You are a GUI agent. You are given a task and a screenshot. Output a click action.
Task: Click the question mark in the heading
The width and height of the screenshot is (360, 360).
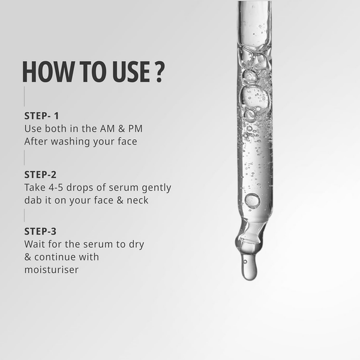[x=160, y=71]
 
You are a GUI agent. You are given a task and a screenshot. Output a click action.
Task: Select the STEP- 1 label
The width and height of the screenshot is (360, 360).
[x=41, y=116]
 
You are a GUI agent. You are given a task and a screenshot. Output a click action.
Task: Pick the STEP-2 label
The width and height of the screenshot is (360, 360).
[x=40, y=175]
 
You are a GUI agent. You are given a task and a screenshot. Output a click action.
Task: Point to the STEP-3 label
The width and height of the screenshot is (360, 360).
[x=40, y=231]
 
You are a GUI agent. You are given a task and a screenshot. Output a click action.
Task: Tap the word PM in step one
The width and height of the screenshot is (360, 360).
[x=135, y=128]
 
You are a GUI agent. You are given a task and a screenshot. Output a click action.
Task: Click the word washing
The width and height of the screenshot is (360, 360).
[x=70, y=142]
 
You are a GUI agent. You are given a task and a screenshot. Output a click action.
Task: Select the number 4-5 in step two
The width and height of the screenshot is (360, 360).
[x=56, y=188]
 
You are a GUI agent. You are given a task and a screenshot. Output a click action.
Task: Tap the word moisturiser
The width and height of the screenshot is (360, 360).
[x=52, y=270]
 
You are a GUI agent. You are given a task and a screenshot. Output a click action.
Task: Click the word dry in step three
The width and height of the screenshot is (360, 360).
[x=136, y=245]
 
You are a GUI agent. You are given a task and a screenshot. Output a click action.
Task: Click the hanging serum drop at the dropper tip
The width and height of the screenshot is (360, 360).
[x=249, y=268]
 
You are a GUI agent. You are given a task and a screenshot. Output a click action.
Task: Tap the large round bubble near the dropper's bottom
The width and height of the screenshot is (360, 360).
[x=253, y=200]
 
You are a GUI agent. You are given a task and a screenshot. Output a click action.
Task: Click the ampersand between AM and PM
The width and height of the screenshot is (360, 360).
[x=121, y=128]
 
